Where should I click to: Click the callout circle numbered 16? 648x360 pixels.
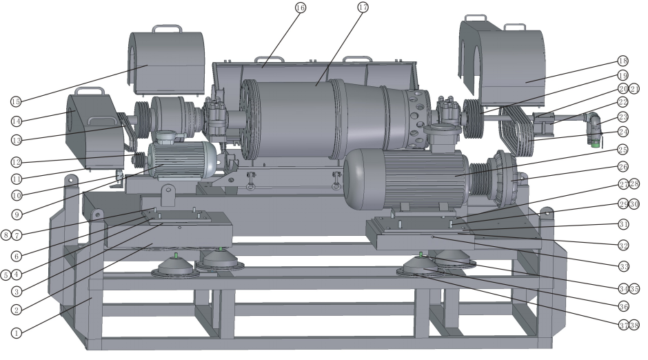coord(301,8)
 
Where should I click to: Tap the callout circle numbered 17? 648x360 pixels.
coord(363,7)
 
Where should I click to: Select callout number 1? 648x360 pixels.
coord(16,332)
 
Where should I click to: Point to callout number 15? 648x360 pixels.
coord(16,101)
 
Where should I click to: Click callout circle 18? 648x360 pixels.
coord(623,61)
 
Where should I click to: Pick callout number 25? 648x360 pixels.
coord(622,150)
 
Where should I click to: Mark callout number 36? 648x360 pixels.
coord(624,306)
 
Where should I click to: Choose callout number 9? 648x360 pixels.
coord(17,214)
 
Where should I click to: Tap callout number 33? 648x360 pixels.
coord(624,267)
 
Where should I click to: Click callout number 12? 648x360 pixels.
coord(16,162)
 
